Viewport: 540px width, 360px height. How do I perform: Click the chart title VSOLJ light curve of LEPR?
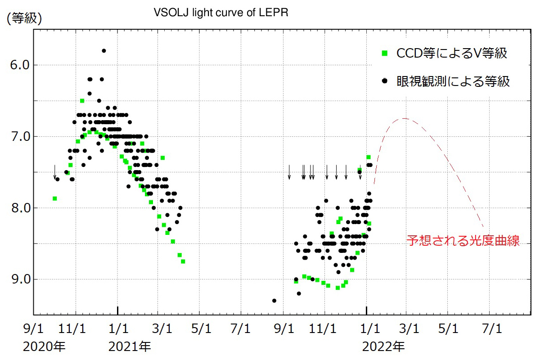(x=220, y=13)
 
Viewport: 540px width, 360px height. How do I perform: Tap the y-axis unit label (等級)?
(x=24, y=18)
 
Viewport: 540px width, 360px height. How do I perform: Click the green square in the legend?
(x=384, y=53)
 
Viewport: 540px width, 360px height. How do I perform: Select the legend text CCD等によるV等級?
(x=451, y=54)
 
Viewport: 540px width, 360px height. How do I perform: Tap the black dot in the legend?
(x=384, y=81)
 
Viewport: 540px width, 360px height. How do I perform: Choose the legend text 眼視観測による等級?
(x=453, y=81)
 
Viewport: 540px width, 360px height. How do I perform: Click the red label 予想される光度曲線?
(x=463, y=240)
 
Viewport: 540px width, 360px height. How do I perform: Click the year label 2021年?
(x=130, y=346)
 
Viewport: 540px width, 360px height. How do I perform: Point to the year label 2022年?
(x=383, y=346)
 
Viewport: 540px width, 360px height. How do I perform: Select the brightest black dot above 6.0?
(x=103, y=51)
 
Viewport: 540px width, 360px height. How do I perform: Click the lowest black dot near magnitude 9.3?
(x=274, y=301)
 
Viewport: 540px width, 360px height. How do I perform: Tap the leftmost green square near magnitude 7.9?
(x=55, y=198)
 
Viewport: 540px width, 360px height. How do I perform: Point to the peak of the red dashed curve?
(x=405, y=118)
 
